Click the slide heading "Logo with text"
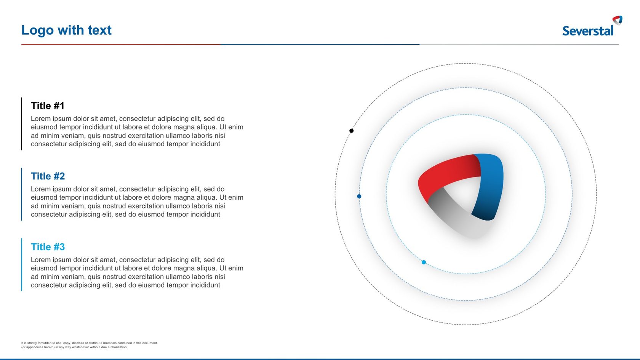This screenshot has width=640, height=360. point(66,30)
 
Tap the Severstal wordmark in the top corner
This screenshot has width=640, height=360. point(587,31)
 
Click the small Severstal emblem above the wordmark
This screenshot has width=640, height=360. point(618,20)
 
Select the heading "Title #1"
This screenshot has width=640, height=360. point(48,106)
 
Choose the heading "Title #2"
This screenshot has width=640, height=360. point(48,176)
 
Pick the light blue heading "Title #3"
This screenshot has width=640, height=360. point(48,247)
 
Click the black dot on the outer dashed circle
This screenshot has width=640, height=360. point(351,131)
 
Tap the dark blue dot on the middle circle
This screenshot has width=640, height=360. point(359,196)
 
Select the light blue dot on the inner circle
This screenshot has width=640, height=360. point(424,262)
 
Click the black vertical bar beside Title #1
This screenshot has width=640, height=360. point(22,124)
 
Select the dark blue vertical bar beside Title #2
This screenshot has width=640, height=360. point(22,194)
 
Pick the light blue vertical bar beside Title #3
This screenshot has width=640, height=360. point(22,265)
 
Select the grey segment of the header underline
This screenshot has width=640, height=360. point(518,44)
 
